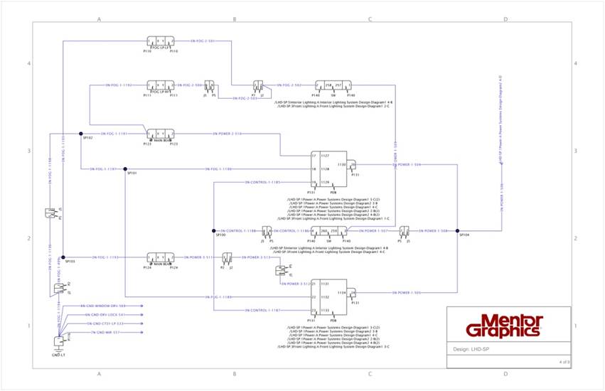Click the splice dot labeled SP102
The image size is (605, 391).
coord(81,133)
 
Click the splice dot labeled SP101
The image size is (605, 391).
coord(125,169)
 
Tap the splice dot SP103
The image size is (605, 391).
coord(63,257)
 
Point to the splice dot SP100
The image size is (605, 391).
coord(213,231)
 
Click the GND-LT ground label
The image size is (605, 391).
coord(58,353)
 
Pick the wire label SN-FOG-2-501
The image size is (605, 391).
coord(203,41)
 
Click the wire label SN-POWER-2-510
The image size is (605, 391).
coord(228,133)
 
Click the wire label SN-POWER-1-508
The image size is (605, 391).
coord(432,231)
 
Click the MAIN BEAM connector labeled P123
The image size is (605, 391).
coord(159,134)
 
